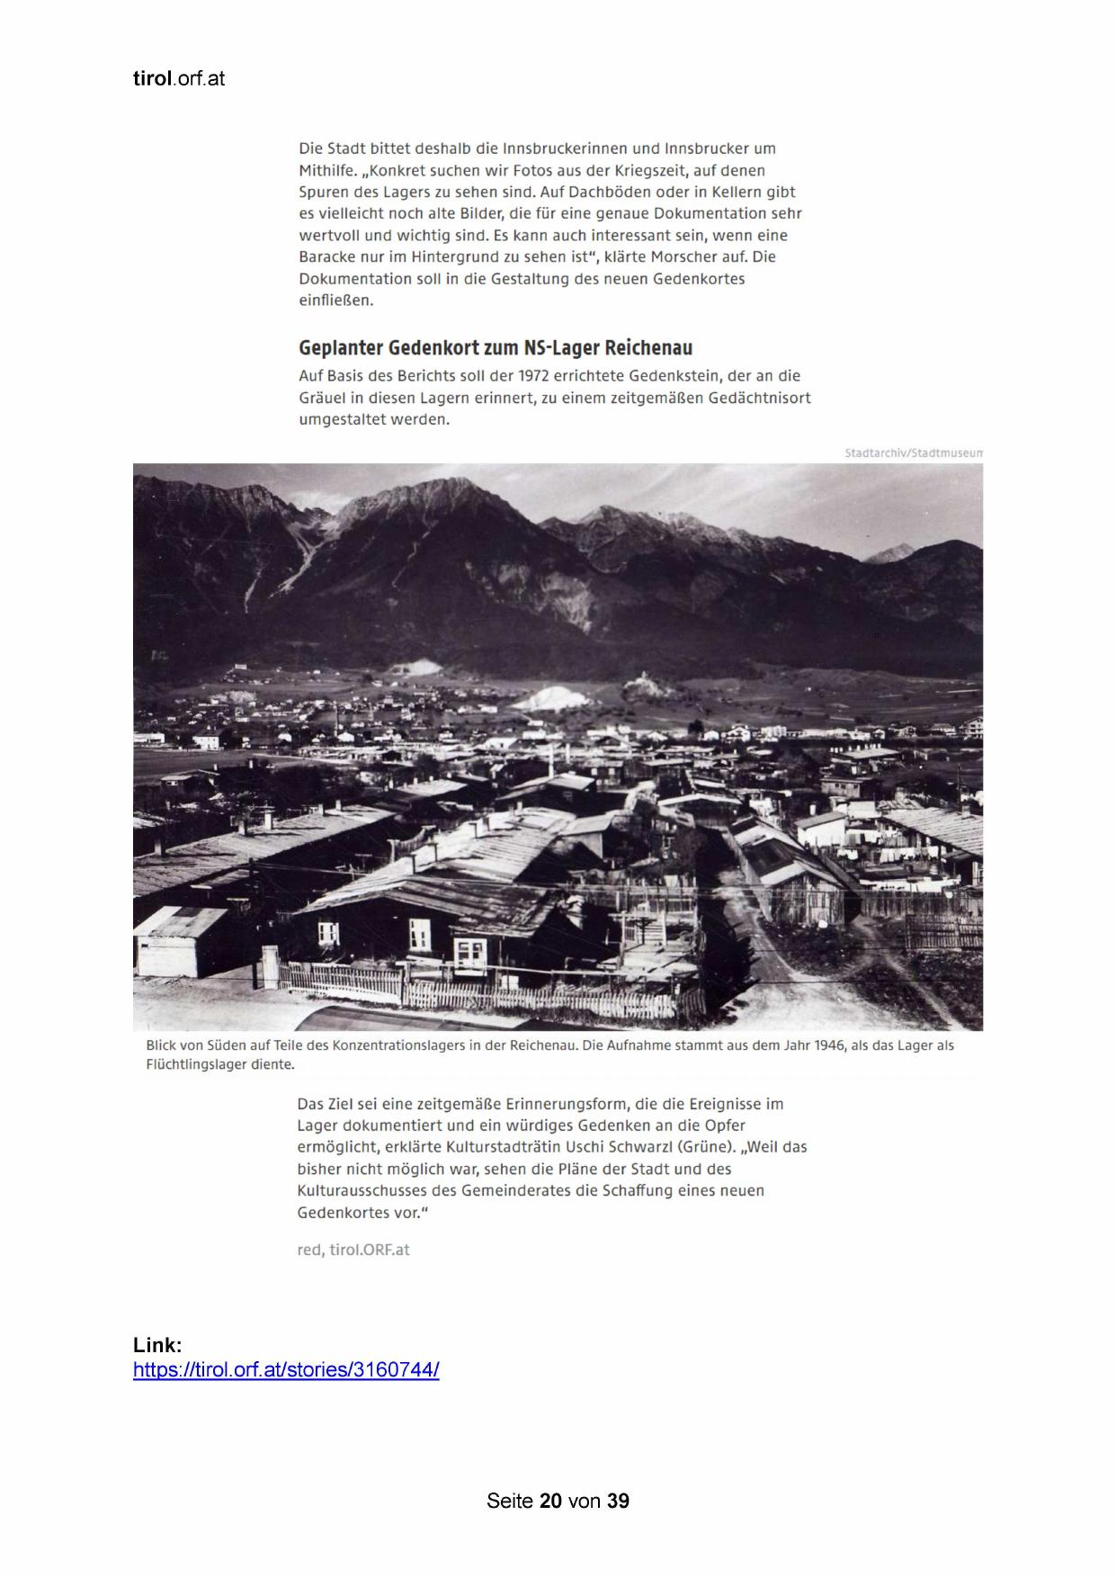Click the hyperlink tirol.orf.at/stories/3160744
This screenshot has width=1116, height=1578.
point(286,1370)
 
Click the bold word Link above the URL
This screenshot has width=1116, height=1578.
point(157,1345)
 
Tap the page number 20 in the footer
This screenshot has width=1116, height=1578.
point(550,1501)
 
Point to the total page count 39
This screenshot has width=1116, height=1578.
point(618,1501)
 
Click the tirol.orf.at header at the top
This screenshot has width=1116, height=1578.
point(178,79)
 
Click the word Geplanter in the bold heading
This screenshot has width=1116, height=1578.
point(339,348)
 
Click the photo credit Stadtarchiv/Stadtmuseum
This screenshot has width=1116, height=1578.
point(913,453)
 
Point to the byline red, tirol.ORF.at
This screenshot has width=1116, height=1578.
point(353,1250)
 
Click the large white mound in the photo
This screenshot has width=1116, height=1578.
point(556,698)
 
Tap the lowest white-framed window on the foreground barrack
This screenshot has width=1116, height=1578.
point(469,950)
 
